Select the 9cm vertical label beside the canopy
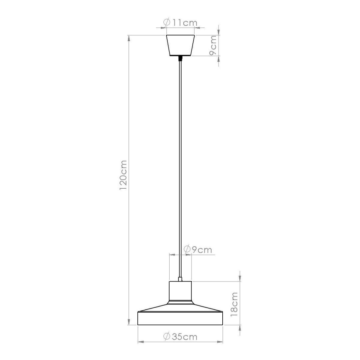click(x=212, y=46)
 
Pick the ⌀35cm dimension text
click(x=180, y=336)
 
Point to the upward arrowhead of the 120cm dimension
click(x=129, y=38)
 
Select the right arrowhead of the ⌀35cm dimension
click(x=221, y=342)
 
